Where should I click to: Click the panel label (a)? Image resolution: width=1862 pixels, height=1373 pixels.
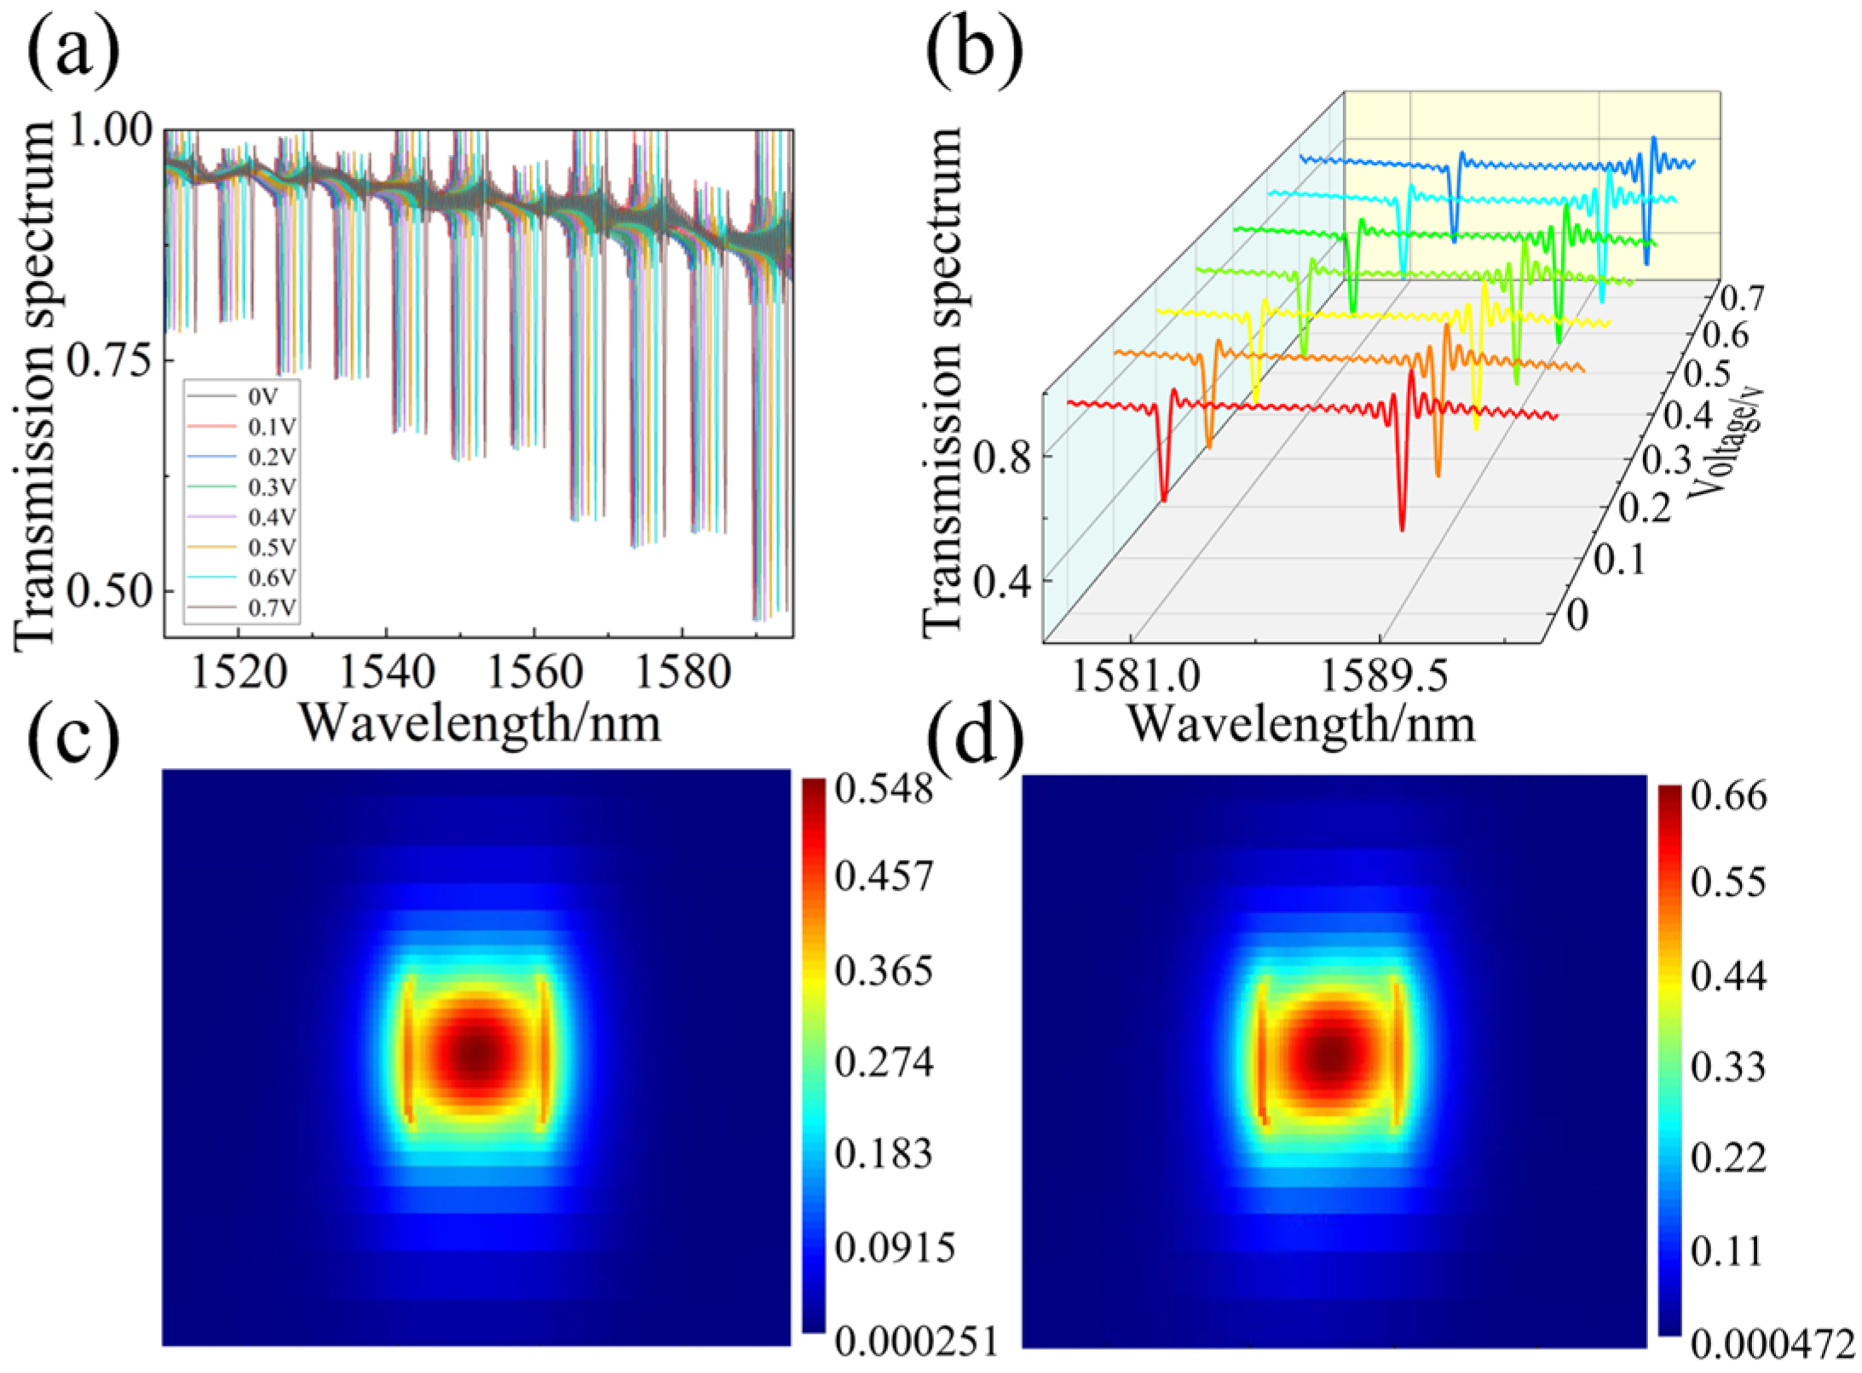point(72,49)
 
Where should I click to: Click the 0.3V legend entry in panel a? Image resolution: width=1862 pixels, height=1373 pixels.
point(272,487)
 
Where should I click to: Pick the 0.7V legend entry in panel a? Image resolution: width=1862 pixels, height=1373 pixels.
point(272,608)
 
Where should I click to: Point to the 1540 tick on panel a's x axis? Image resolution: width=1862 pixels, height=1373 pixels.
point(387,674)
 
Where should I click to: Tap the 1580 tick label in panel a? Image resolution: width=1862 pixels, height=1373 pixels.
point(683,674)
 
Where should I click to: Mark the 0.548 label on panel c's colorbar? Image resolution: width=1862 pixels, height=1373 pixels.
point(884,790)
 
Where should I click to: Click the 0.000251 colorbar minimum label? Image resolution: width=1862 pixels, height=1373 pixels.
point(915,1342)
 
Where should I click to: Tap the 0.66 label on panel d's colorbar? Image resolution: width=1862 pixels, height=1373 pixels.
point(1730,796)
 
